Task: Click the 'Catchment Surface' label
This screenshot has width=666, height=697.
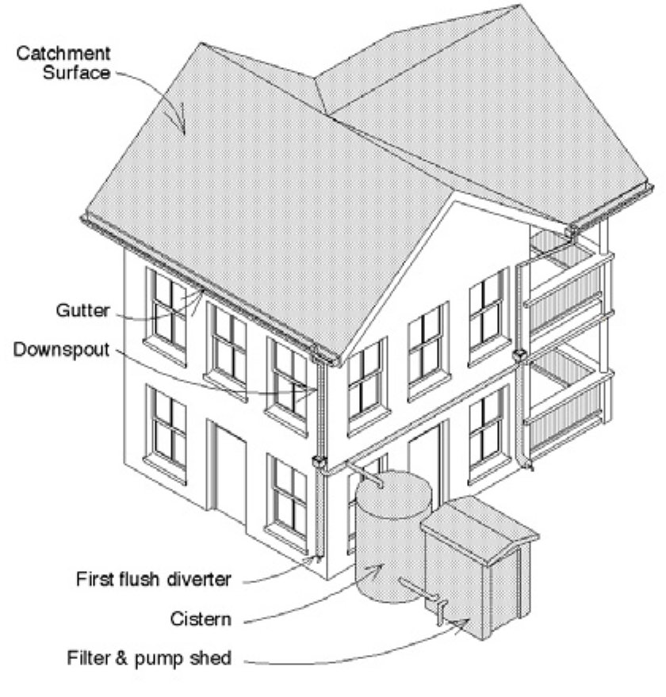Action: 63,63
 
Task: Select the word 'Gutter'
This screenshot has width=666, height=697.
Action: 82,310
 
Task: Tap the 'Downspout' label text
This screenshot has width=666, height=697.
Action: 61,349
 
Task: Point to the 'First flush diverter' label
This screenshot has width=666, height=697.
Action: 154,579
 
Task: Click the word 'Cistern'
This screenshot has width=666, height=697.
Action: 201,619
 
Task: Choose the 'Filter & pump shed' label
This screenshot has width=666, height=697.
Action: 149,658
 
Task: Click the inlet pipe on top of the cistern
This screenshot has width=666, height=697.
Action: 366,474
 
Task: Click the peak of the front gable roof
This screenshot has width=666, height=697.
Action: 453,192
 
